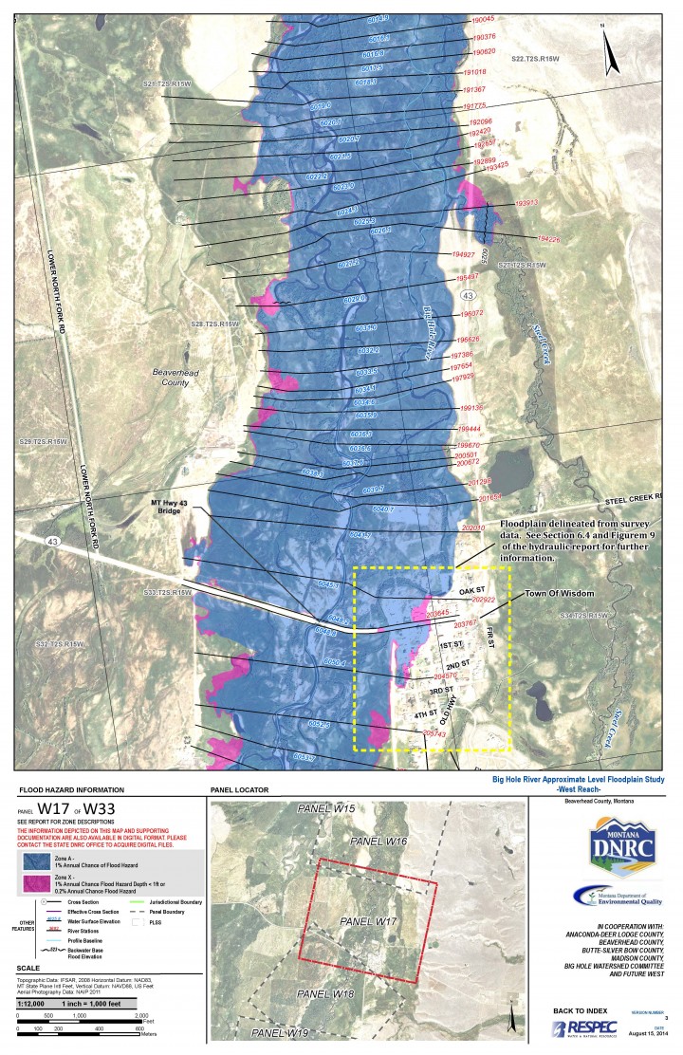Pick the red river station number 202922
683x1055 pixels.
coord(484,600)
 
